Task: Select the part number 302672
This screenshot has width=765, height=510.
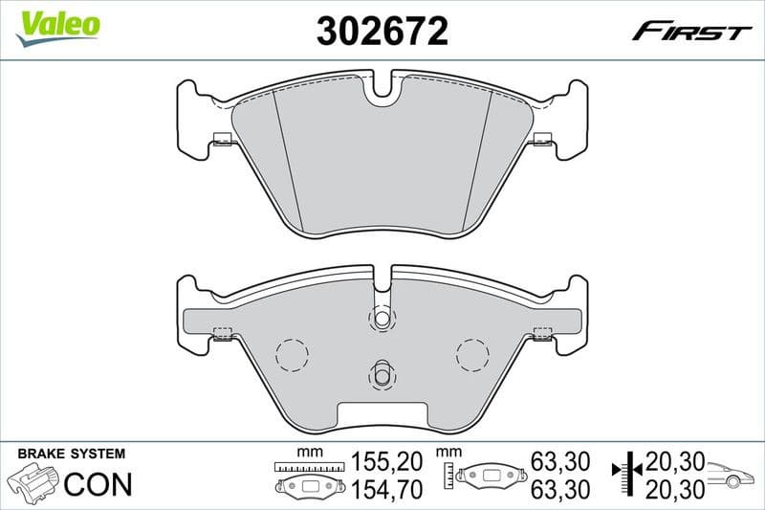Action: click(382, 31)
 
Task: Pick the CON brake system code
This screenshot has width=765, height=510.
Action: click(97, 484)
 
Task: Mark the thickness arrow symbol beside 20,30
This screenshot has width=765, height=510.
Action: click(625, 476)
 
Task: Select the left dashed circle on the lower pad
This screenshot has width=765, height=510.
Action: click(292, 355)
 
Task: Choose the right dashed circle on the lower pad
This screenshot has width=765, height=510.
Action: click(472, 355)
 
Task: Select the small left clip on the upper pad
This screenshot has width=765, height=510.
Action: click(222, 141)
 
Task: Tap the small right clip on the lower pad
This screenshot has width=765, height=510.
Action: click(542, 333)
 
